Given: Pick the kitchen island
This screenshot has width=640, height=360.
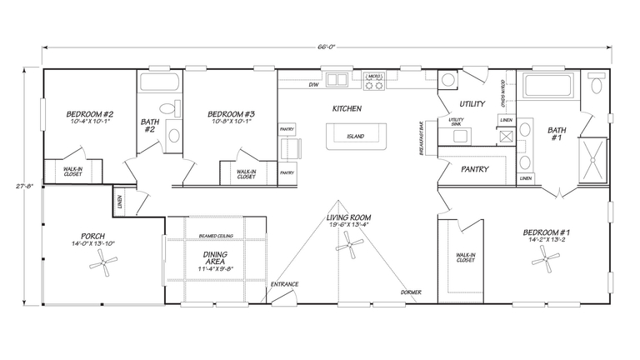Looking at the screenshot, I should tap(356, 135).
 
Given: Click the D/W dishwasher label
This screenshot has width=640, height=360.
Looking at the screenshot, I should tap(314, 86).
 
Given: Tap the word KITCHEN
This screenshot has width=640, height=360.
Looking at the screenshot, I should tap(347, 109).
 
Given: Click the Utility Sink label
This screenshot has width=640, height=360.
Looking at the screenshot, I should tap(457, 122).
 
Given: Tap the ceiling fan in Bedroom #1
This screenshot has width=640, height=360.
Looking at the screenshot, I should tap(546, 262).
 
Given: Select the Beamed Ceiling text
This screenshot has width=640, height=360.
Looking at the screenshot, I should tap(216, 236).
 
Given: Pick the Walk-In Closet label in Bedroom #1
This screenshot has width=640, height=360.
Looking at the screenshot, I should tap(465, 258).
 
